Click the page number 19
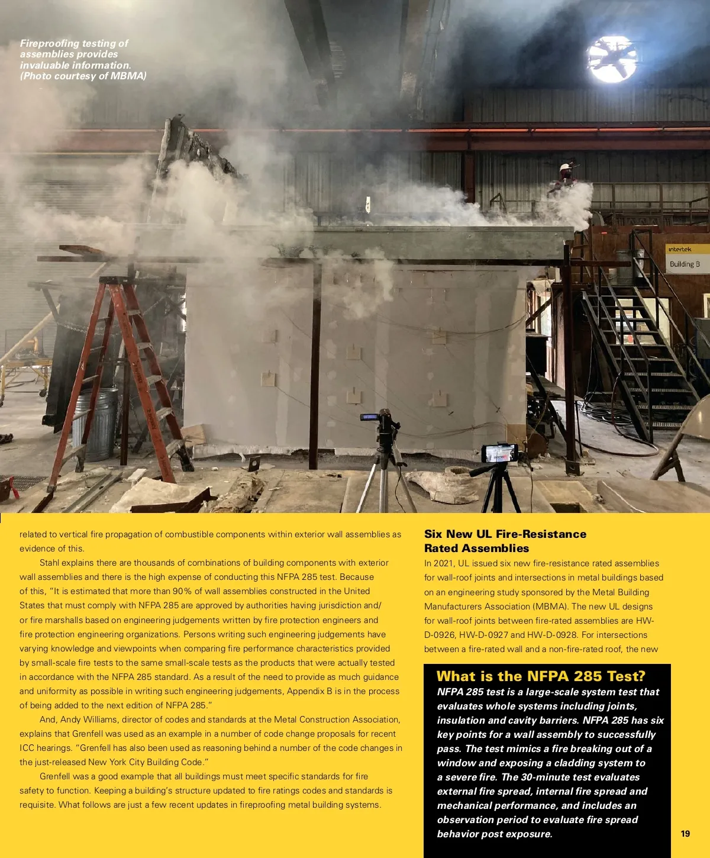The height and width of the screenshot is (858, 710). coord(685,833)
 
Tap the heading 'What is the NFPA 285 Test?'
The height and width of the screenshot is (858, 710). coord(541,676)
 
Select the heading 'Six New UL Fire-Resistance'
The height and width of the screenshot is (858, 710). coord(505,534)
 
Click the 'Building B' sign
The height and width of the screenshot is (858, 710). coord(685,264)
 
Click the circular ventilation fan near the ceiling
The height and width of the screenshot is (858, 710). coord(612,59)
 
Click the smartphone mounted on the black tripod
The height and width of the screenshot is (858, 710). coord(500,453)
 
